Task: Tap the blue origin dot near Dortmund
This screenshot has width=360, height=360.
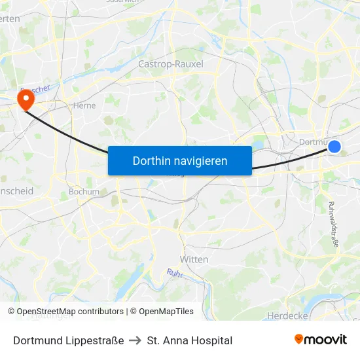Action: click(x=334, y=147)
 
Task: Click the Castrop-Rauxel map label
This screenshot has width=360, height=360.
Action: click(x=171, y=64)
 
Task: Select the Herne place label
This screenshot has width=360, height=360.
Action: click(x=84, y=105)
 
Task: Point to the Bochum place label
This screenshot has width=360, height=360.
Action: click(x=84, y=192)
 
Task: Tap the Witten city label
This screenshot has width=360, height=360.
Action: click(x=194, y=259)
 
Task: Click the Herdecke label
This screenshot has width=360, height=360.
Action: click(x=287, y=315)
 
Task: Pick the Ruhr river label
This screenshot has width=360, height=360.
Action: click(x=174, y=273)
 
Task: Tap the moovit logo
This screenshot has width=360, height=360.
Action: click(x=321, y=340)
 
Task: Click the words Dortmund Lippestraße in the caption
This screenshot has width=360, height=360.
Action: click(x=68, y=340)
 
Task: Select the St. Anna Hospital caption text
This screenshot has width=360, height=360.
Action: click(x=190, y=340)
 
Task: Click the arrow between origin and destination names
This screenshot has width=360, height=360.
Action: click(x=135, y=340)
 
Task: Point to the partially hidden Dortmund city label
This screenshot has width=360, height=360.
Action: click(x=311, y=141)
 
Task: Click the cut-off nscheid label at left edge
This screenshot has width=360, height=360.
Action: click(x=16, y=191)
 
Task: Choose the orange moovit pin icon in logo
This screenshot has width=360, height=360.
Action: click(x=299, y=339)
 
